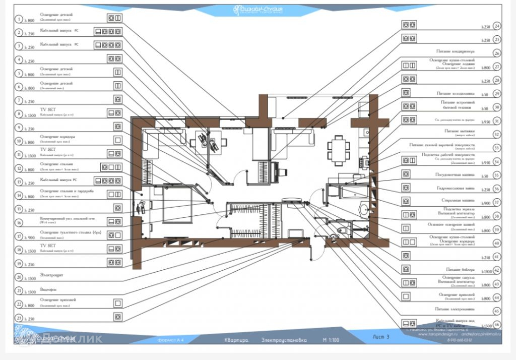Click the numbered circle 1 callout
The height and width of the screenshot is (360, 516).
tap(19, 19)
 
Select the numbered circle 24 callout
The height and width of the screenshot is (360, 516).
tap(497, 26)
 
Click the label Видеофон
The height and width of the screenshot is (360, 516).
tap(48, 290)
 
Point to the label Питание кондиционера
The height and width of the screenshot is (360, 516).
tap(456, 51)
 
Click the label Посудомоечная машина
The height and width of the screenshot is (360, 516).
tap(456, 175)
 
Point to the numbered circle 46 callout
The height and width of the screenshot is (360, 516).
tap(497, 325)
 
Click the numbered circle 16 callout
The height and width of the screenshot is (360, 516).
tap(19, 222)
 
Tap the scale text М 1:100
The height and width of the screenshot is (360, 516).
tap(332, 340)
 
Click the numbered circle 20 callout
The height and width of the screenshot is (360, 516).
tap(19, 277)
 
